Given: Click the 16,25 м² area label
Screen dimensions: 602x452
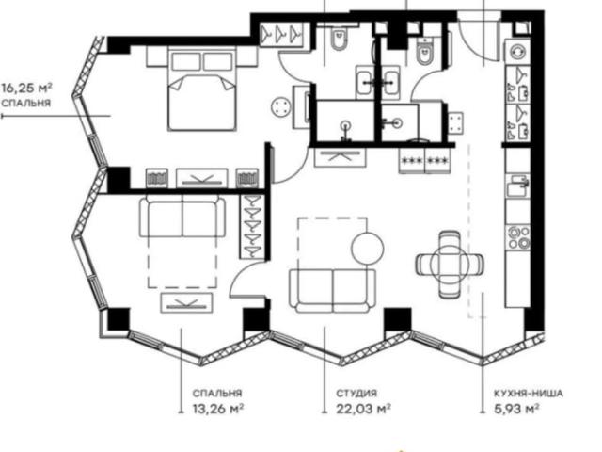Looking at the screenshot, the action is [26, 89].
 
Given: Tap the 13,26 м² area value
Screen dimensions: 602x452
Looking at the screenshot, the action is [218, 408].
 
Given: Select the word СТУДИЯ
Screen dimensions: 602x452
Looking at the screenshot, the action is [356, 394].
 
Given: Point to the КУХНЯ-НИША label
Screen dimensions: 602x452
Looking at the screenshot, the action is [529, 394].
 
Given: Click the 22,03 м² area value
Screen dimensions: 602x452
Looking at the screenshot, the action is [364, 408].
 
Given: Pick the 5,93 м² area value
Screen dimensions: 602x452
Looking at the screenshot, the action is [515, 408].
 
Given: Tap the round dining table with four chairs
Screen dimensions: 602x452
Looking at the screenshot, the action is [450, 265].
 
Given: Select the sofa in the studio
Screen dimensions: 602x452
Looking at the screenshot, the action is [332, 291].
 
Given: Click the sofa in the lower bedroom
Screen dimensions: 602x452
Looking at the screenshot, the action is [182, 216].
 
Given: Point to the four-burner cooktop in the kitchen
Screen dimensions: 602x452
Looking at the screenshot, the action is [518, 238].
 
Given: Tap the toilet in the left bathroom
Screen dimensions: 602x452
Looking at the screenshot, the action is [339, 40].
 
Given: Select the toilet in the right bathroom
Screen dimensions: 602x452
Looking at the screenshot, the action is [425, 51].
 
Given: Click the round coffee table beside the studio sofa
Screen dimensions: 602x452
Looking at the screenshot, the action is [368, 248].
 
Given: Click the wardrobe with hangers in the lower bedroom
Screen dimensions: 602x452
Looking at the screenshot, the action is [251, 227].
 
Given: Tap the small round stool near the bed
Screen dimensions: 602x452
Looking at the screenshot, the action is [280, 106].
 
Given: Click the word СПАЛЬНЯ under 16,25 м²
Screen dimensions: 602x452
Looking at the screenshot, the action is [26, 104].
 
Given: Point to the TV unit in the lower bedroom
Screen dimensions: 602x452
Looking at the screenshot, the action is [186, 302].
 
